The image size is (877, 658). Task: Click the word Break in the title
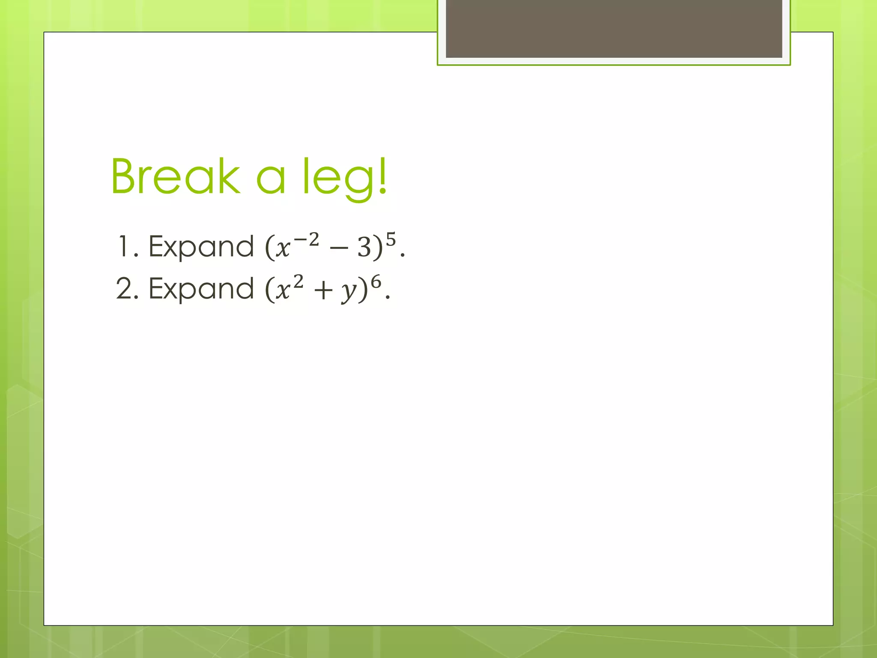pos(176,176)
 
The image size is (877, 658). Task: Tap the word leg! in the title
pos(345,178)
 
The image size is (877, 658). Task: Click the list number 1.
pos(124,247)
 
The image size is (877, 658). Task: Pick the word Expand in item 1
pos(201,248)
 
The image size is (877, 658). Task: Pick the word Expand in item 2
pos(201,290)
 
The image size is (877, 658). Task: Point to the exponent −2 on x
pos(307,240)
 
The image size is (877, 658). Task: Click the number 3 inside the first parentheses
pos(364,248)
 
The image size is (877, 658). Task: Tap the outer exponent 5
pos(391,239)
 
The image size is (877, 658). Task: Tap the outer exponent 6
pos(376,282)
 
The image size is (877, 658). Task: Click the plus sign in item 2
pos(323,291)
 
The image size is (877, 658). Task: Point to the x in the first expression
pos(283,248)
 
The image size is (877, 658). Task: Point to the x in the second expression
pos(283,291)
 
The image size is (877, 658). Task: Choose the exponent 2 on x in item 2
pos(298,282)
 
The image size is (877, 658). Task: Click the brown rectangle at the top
pos(614,28)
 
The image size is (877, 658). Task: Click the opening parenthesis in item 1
pos(269,248)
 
